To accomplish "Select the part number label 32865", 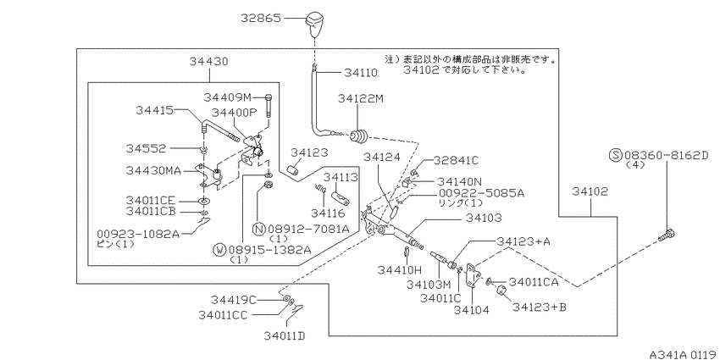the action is coord(261,19).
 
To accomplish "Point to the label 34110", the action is coord(361,73).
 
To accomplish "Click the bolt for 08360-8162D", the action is coord(667,235).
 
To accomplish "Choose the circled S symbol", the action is coord(615,155).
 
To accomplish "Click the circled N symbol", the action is coord(259,228).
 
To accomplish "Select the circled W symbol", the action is coord(220,249).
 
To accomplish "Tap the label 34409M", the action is coord(228,97).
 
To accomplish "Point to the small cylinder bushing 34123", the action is coord(292,171).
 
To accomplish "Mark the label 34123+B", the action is coord(540,307).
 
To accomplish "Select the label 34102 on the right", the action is coord(590,191).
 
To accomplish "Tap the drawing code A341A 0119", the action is coord(684,354).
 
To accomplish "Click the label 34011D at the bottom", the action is coord(285,336).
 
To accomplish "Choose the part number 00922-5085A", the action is coord(481,194).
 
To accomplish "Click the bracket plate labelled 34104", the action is coord(473,275).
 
